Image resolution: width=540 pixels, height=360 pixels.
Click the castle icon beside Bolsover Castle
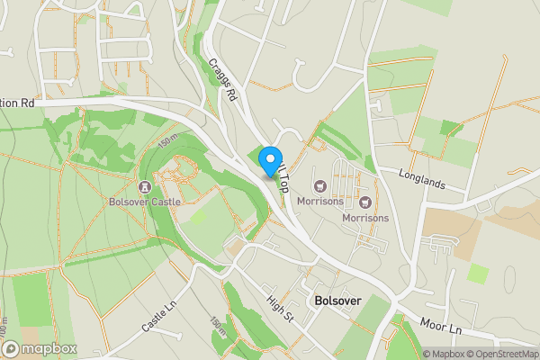click(144, 186)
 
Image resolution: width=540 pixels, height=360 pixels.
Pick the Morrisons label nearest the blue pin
click(319, 202)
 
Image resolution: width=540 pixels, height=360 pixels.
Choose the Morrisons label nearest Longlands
click(365, 218)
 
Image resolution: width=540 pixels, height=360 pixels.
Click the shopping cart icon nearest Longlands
click(365, 202)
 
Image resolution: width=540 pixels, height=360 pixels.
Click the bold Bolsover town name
click(337, 299)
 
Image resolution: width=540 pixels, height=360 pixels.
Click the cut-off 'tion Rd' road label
click(18, 103)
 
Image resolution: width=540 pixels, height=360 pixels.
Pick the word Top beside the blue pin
click(281, 184)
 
